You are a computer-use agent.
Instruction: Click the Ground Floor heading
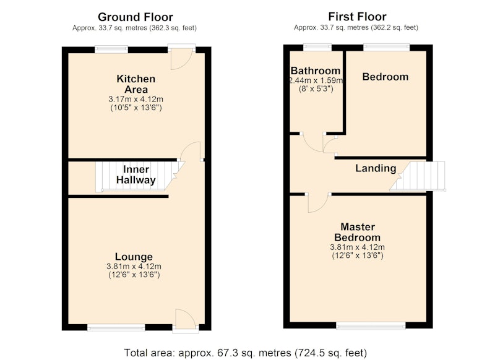point(135,17)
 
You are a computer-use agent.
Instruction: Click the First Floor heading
point(358,17)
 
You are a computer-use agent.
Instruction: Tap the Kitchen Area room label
point(136,84)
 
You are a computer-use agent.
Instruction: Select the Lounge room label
point(134,257)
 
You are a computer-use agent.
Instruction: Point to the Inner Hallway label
point(136,175)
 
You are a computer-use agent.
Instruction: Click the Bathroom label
point(316,71)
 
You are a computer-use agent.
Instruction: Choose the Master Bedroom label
point(358,232)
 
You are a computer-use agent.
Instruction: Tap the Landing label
point(376,168)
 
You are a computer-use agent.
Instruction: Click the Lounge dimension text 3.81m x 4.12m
point(134,267)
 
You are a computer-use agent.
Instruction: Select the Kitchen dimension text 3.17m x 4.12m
point(136,99)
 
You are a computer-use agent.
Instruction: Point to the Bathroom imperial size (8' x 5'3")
point(316,89)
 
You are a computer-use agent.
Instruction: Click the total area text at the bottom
point(246,353)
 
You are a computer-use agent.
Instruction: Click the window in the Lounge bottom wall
point(116,328)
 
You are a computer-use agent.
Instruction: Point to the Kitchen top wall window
point(111,49)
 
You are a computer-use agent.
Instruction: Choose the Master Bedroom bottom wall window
point(371,325)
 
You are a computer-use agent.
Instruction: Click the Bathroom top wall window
point(317,48)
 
